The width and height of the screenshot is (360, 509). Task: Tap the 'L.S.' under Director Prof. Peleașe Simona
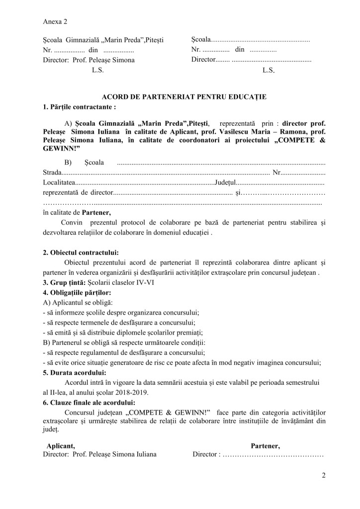(x=97, y=70)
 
